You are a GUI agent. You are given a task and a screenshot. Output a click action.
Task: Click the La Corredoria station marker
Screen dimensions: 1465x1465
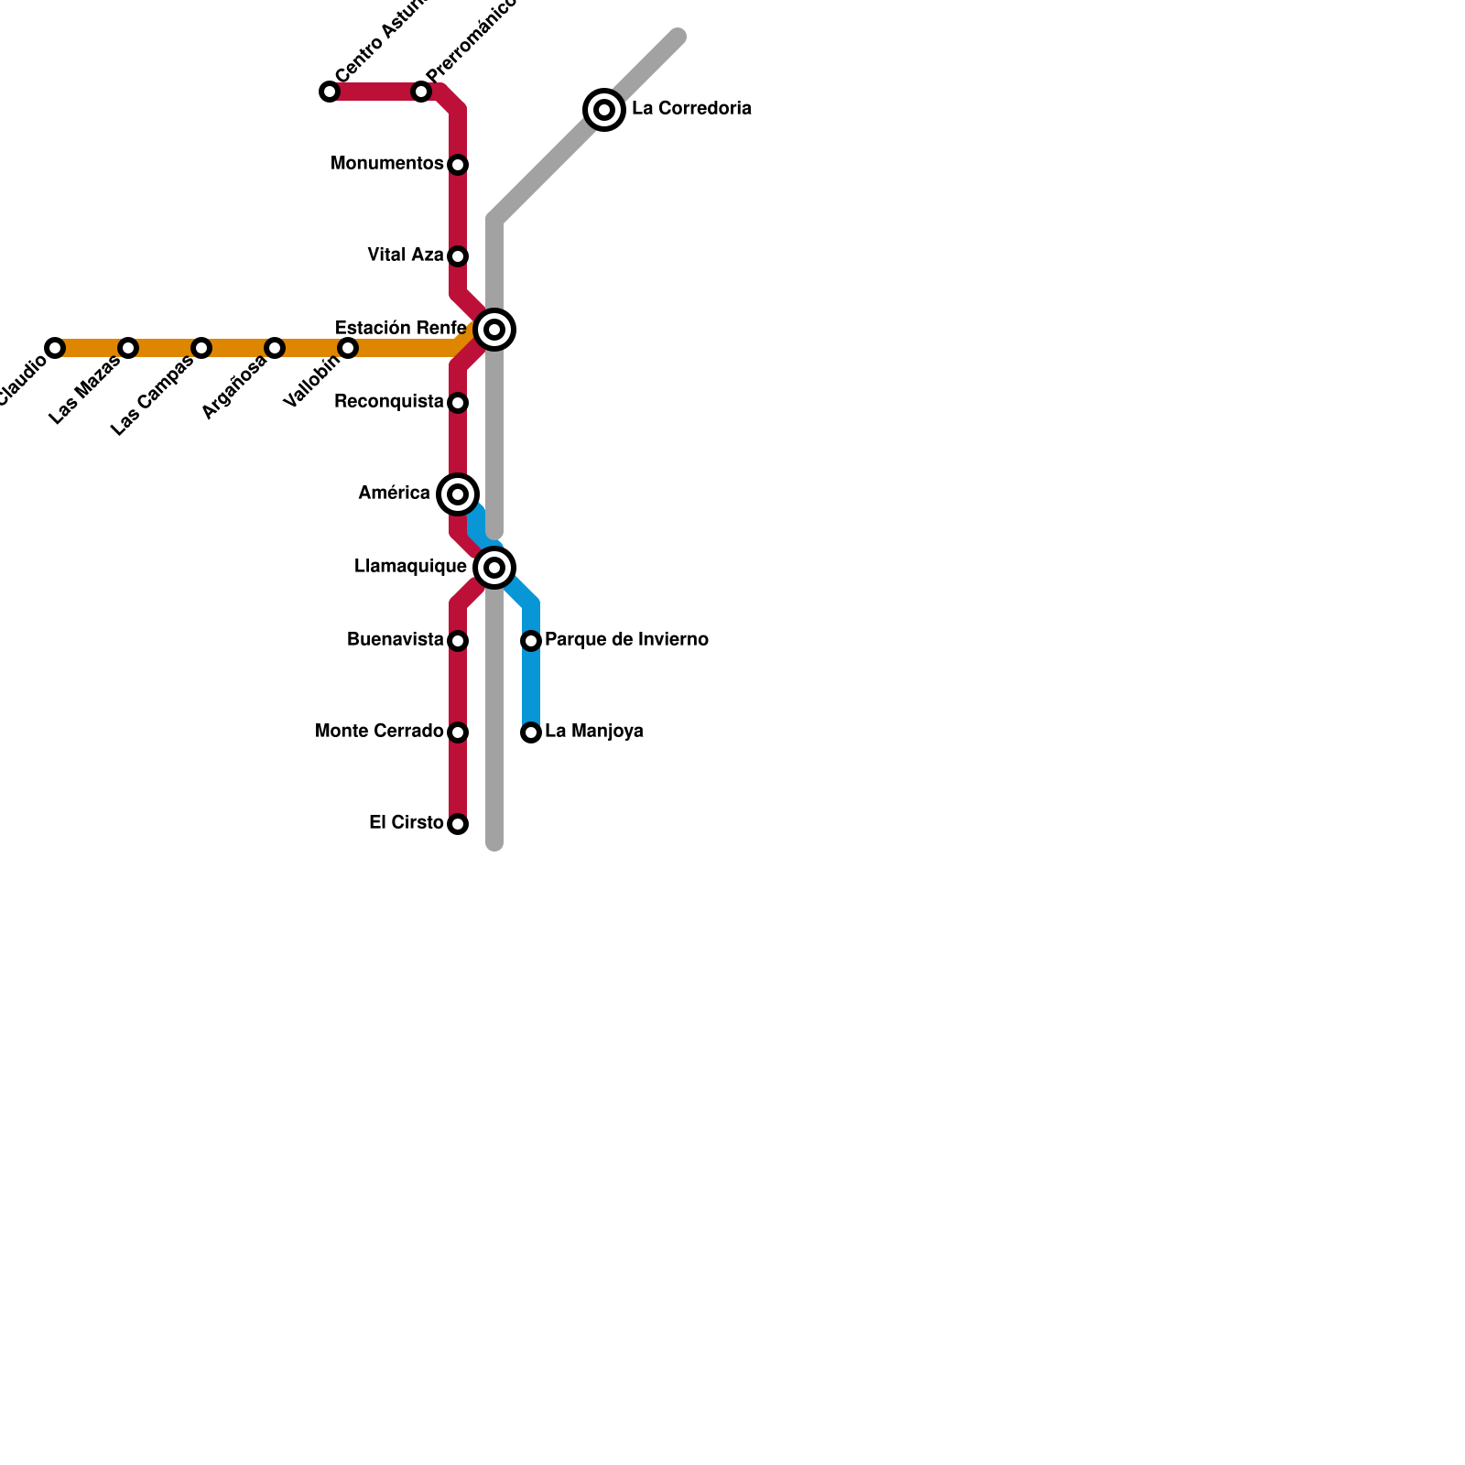click(x=604, y=110)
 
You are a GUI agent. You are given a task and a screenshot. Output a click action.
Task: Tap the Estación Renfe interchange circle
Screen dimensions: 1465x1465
click(x=494, y=330)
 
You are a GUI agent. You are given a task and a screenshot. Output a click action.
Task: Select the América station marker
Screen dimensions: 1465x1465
click(x=458, y=494)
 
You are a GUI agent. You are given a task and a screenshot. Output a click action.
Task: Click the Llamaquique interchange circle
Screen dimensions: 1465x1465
click(x=494, y=568)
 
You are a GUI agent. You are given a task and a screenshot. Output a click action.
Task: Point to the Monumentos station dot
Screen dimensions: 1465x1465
click(x=458, y=165)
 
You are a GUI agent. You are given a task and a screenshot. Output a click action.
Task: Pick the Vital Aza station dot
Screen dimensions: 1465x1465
click(x=458, y=256)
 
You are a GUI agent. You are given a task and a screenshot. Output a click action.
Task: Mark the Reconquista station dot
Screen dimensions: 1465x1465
click(x=458, y=403)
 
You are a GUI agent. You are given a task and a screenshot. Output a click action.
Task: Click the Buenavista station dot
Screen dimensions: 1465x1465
click(x=458, y=641)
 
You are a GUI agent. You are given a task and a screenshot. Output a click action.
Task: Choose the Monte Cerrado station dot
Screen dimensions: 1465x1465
click(x=458, y=732)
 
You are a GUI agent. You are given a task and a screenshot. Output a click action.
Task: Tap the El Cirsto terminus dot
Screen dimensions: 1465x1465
click(x=458, y=824)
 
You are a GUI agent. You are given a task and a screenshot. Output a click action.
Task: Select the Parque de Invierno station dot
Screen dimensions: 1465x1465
click(x=531, y=641)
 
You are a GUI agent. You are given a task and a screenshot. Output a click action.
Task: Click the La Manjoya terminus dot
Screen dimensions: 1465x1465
click(x=531, y=732)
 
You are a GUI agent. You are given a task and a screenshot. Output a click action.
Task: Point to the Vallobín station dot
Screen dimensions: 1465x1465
click(x=348, y=348)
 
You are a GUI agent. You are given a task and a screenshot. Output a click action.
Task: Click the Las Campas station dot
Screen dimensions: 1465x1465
click(x=201, y=348)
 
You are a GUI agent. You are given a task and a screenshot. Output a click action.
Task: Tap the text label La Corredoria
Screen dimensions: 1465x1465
click(x=691, y=109)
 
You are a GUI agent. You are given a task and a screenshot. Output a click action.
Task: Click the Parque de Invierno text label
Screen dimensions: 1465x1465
click(x=626, y=640)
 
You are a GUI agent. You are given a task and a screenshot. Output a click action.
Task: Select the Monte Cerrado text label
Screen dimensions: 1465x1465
click(x=379, y=732)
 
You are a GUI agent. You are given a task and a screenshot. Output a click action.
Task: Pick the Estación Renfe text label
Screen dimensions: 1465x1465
click(x=400, y=329)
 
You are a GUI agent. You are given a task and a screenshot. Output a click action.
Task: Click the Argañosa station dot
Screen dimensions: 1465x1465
click(x=275, y=348)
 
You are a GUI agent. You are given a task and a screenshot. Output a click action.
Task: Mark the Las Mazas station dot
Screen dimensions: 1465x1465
click(x=128, y=348)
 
